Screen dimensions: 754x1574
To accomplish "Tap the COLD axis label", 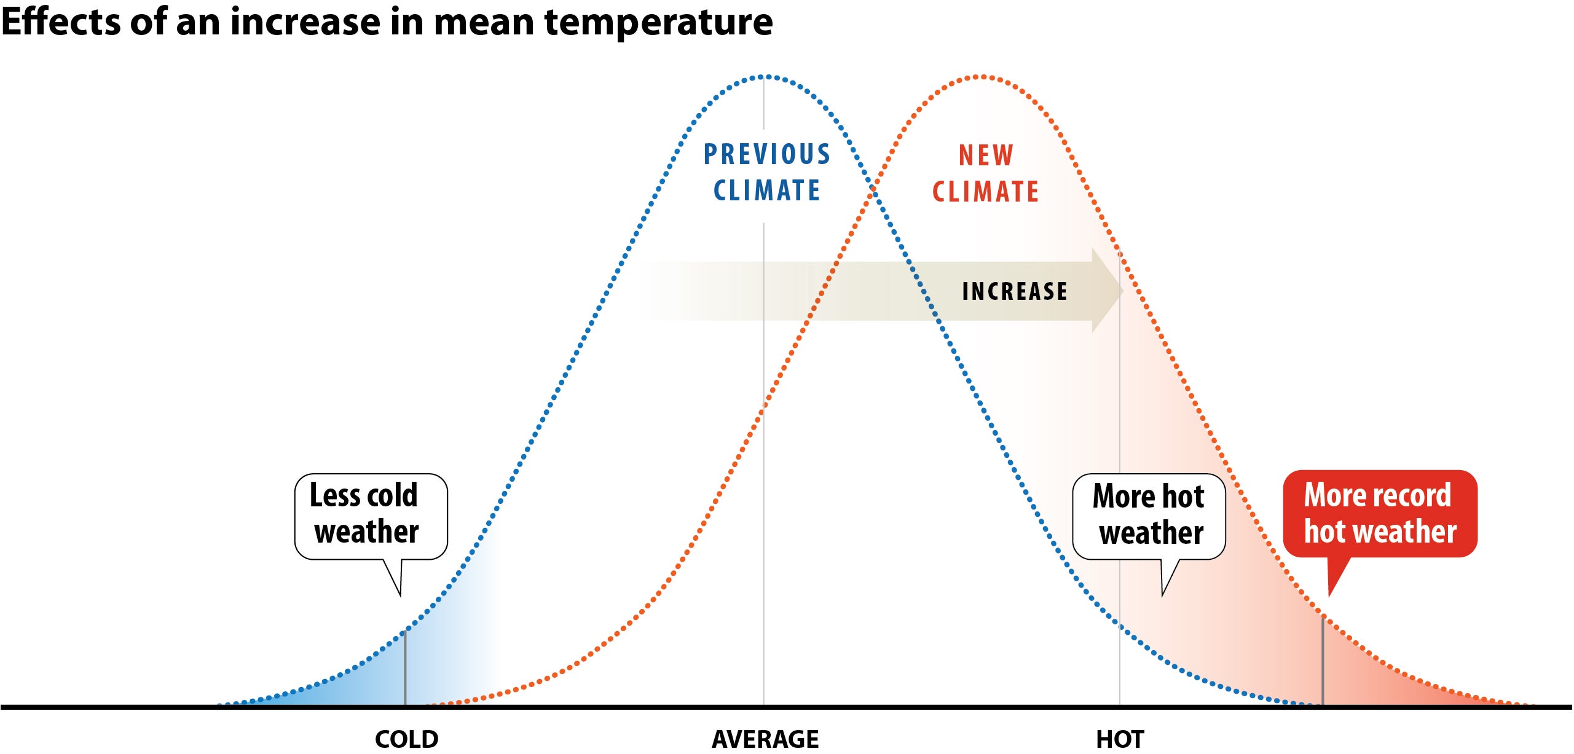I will (406, 739).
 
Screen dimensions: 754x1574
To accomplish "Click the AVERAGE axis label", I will (765, 739).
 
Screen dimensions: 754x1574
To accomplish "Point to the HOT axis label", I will (1120, 739).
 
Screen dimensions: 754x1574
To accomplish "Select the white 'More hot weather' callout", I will (1148, 516).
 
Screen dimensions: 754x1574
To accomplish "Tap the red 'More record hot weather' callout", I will (1379, 514).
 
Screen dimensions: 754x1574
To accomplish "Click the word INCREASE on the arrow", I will (1014, 291).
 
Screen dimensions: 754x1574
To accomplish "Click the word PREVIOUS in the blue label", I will (766, 154).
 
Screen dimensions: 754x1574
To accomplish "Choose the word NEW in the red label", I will (986, 155).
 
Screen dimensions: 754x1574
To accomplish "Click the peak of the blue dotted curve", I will (765, 77).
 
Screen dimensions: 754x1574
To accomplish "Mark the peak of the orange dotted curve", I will (982, 77).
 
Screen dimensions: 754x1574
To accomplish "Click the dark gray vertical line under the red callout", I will (1323, 661).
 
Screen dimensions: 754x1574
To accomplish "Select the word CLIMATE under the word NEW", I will (985, 192).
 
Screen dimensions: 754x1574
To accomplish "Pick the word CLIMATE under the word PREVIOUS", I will (766, 190).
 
